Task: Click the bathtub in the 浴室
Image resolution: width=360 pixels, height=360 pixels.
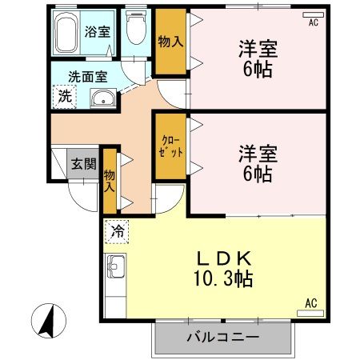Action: coord(66,33)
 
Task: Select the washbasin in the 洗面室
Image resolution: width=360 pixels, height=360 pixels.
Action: coord(103,98)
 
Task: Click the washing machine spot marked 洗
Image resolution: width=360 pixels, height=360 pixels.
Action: coord(65,97)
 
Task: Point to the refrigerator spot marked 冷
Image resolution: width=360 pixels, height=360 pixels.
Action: coord(117,231)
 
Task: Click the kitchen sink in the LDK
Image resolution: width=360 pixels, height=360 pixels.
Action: coord(115,266)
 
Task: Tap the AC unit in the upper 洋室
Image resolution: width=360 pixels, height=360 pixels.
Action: coord(314,15)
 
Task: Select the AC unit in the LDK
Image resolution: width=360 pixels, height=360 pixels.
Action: coord(310,314)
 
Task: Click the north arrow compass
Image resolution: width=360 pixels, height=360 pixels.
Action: coord(49,321)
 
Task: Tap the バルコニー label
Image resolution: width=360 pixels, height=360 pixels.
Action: coord(223,338)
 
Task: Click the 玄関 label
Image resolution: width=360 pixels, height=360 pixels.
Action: coord(84,163)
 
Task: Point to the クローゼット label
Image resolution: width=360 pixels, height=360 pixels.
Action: coord(170,147)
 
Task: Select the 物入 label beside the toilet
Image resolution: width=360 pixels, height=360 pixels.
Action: coord(170,42)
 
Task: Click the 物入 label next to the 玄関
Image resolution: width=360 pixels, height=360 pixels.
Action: coord(110,181)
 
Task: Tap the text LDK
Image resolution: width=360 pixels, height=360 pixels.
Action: coord(224,258)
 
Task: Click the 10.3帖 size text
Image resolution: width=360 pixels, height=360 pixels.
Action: coord(223,278)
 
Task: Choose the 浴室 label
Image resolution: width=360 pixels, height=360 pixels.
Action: coord(97,32)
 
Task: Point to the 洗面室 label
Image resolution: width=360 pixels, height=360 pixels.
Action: coord(88,77)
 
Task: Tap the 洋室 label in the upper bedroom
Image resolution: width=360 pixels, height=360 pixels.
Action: coord(258,49)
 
